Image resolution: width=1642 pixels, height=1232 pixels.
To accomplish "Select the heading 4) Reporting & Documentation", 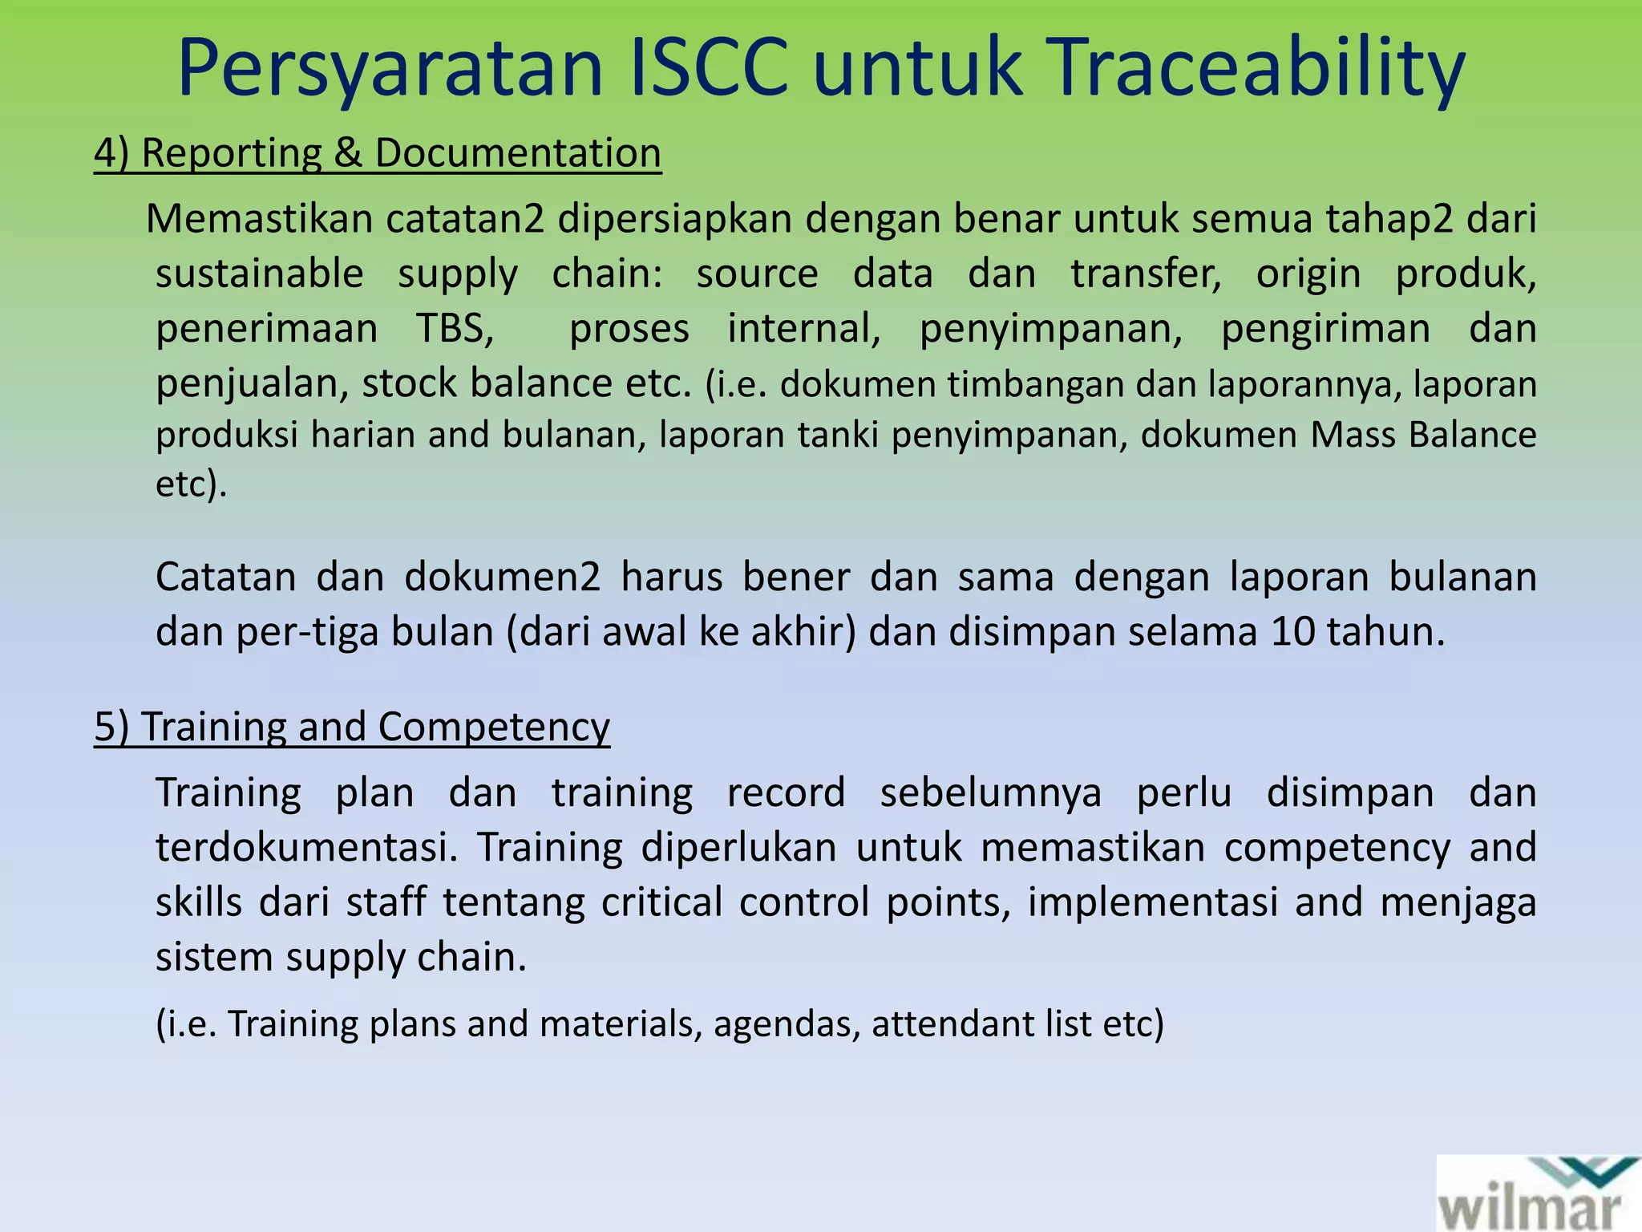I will pyautogui.click(x=377, y=152).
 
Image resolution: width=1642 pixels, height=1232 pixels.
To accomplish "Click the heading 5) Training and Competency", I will pyautogui.click(x=351, y=727).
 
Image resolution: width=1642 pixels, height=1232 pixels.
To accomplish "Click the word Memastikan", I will pyautogui.click(x=259, y=218).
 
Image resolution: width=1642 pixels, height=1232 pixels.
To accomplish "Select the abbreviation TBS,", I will pyautogui.click(x=455, y=328).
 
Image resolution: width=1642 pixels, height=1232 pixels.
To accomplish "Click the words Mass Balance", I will pyautogui.click(x=1423, y=435).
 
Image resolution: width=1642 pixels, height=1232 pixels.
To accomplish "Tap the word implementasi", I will pyautogui.click(x=1152, y=902).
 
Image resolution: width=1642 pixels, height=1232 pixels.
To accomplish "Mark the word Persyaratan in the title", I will pyautogui.click(x=390, y=71).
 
